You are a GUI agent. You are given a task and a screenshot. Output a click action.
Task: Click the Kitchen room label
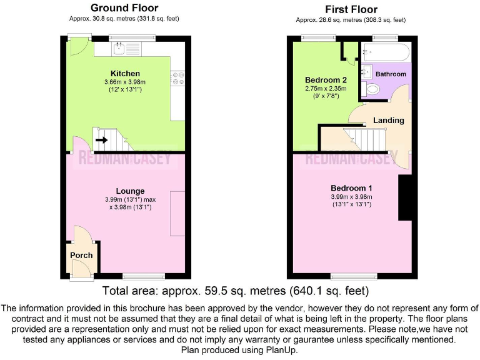tap(125, 73)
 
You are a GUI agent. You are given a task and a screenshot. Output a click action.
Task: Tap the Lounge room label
tap(130, 191)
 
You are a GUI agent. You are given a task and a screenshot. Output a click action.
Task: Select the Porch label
tap(81, 255)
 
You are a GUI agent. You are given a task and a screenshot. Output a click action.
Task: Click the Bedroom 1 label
tap(352, 188)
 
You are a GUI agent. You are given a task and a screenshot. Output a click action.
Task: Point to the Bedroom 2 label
tap(326, 80)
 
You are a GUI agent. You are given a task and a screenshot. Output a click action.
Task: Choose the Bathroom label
tap(391, 74)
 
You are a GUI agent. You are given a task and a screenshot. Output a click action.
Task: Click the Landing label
tap(388, 120)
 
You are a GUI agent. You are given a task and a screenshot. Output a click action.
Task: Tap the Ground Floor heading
tap(124, 8)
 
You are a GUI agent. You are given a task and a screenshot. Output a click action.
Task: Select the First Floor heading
tap(351, 9)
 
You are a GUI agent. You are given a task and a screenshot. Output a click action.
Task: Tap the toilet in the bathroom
tap(373, 89)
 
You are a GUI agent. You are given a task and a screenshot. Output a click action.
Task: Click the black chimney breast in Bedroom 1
tap(404, 197)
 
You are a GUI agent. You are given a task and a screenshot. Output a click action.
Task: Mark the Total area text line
tap(235, 291)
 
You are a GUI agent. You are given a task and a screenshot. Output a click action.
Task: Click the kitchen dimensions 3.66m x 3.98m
tap(125, 82)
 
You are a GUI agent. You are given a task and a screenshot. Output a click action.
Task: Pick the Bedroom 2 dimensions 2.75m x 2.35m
tap(325, 89)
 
